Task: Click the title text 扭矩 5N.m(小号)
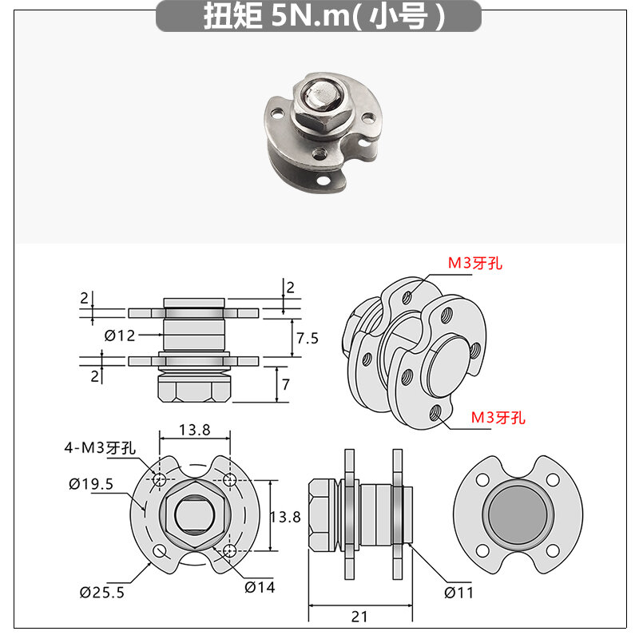coord(324,17)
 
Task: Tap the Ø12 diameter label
coord(119,335)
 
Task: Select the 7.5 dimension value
coord(308,338)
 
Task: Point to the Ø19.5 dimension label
coord(91,484)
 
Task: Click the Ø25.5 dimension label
coord(102,592)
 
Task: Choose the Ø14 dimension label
coord(260,587)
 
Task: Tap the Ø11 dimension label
coord(458,593)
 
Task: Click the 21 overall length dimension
coord(359,617)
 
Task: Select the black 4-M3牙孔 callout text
coord(100,448)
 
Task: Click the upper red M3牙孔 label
coord(475,263)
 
